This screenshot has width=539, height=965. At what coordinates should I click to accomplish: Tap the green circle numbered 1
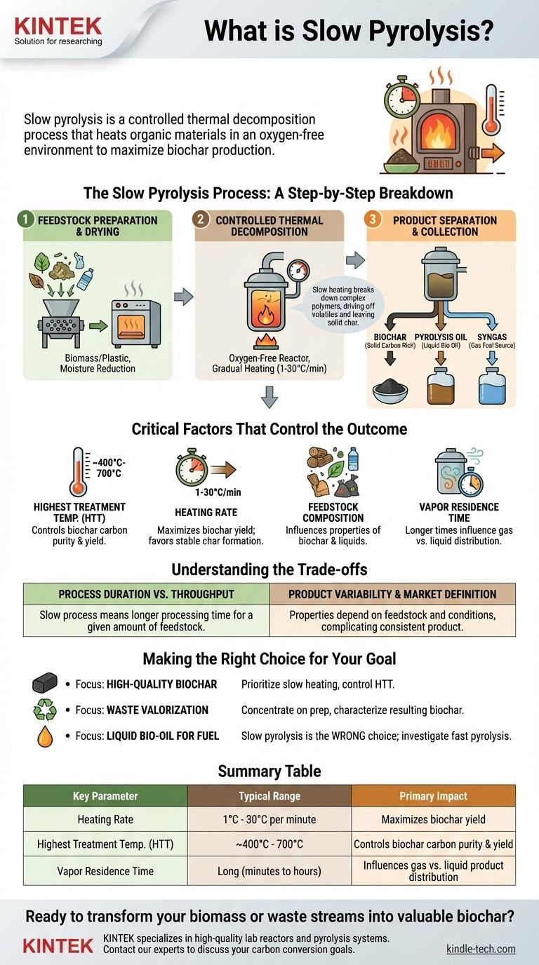click(x=25, y=220)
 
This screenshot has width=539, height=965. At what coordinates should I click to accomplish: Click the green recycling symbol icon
click(x=45, y=710)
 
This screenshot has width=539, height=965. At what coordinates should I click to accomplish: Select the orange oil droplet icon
click(x=45, y=736)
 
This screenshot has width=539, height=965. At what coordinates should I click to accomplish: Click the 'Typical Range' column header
click(x=269, y=796)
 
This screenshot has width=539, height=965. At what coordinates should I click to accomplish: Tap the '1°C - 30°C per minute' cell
click(x=269, y=819)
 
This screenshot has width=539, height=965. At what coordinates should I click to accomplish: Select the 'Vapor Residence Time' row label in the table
click(x=105, y=870)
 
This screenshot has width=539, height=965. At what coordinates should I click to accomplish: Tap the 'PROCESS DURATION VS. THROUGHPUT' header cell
click(x=146, y=594)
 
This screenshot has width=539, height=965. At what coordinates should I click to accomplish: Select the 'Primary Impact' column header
click(x=433, y=796)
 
